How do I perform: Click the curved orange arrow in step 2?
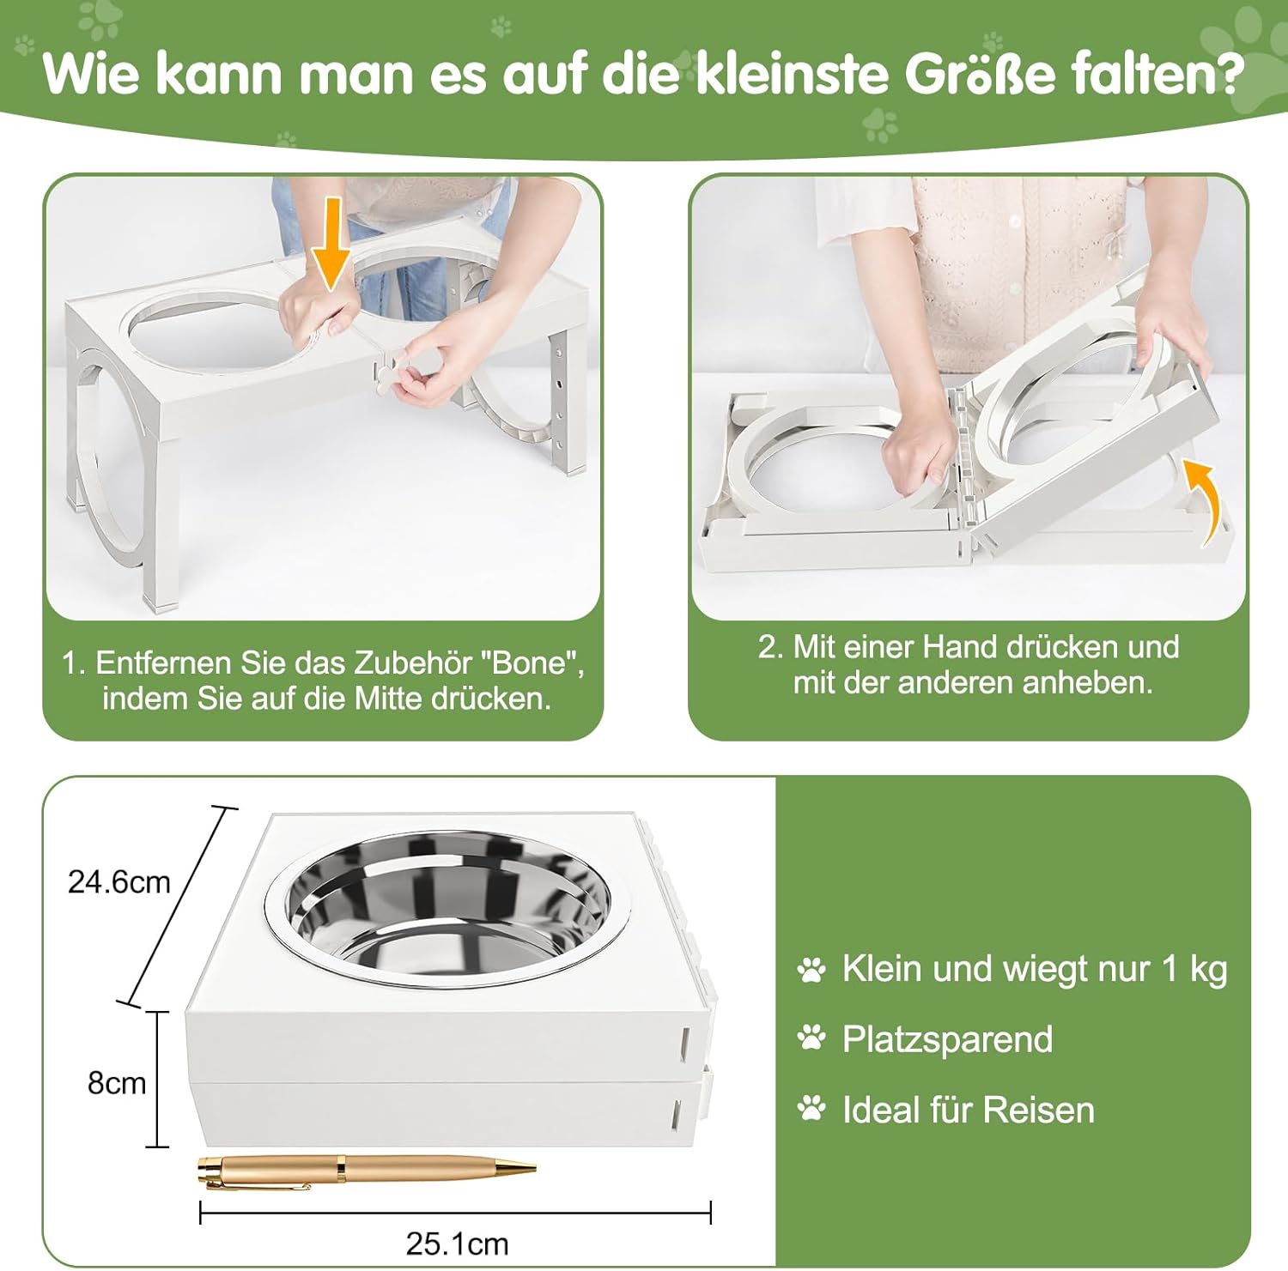tap(1206, 502)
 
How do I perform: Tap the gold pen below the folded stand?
tap(367, 1170)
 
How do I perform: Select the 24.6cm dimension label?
tap(119, 882)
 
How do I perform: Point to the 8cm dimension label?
tap(117, 1083)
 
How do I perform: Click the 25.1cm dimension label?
tap(457, 1244)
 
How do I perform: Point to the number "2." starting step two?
tap(770, 646)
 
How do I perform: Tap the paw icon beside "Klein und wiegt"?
tap(811, 970)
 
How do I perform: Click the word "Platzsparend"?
tap(948, 1040)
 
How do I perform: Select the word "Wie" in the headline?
tap(91, 74)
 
